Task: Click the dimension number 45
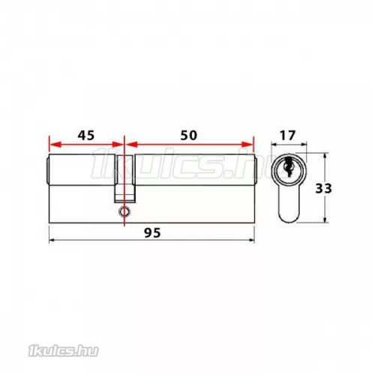click(x=86, y=135)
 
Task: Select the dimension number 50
click(x=189, y=135)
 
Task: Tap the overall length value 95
click(x=152, y=233)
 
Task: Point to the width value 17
click(x=287, y=136)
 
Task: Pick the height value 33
click(x=323, y=188)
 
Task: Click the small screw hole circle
click(x=124, y=211)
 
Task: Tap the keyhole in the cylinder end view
click(x=288, y=166)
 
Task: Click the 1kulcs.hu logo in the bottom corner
click(x=63, y=351)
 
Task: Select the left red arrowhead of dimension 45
click(x=55, y=144)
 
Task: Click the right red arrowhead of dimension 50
click(x=247, y=144)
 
